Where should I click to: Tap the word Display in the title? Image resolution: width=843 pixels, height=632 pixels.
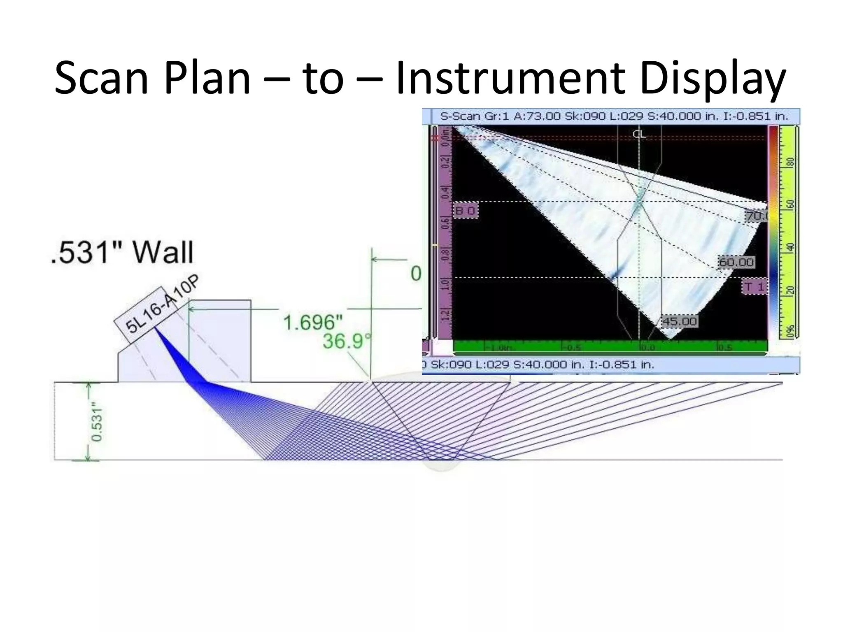713,78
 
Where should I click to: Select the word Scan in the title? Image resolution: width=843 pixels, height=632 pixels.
101,78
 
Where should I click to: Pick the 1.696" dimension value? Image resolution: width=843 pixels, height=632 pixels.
313,322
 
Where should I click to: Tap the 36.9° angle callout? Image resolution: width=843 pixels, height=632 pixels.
346,341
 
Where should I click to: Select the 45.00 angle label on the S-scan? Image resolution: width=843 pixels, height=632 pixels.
679,322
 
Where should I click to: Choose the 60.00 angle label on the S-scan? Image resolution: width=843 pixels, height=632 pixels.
736,262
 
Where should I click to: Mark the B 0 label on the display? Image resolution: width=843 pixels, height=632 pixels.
466,211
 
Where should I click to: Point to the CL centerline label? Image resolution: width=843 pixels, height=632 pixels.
639,134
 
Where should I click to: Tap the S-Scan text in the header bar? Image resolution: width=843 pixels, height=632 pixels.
460,116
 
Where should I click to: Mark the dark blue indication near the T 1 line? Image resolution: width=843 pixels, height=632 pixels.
617,272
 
